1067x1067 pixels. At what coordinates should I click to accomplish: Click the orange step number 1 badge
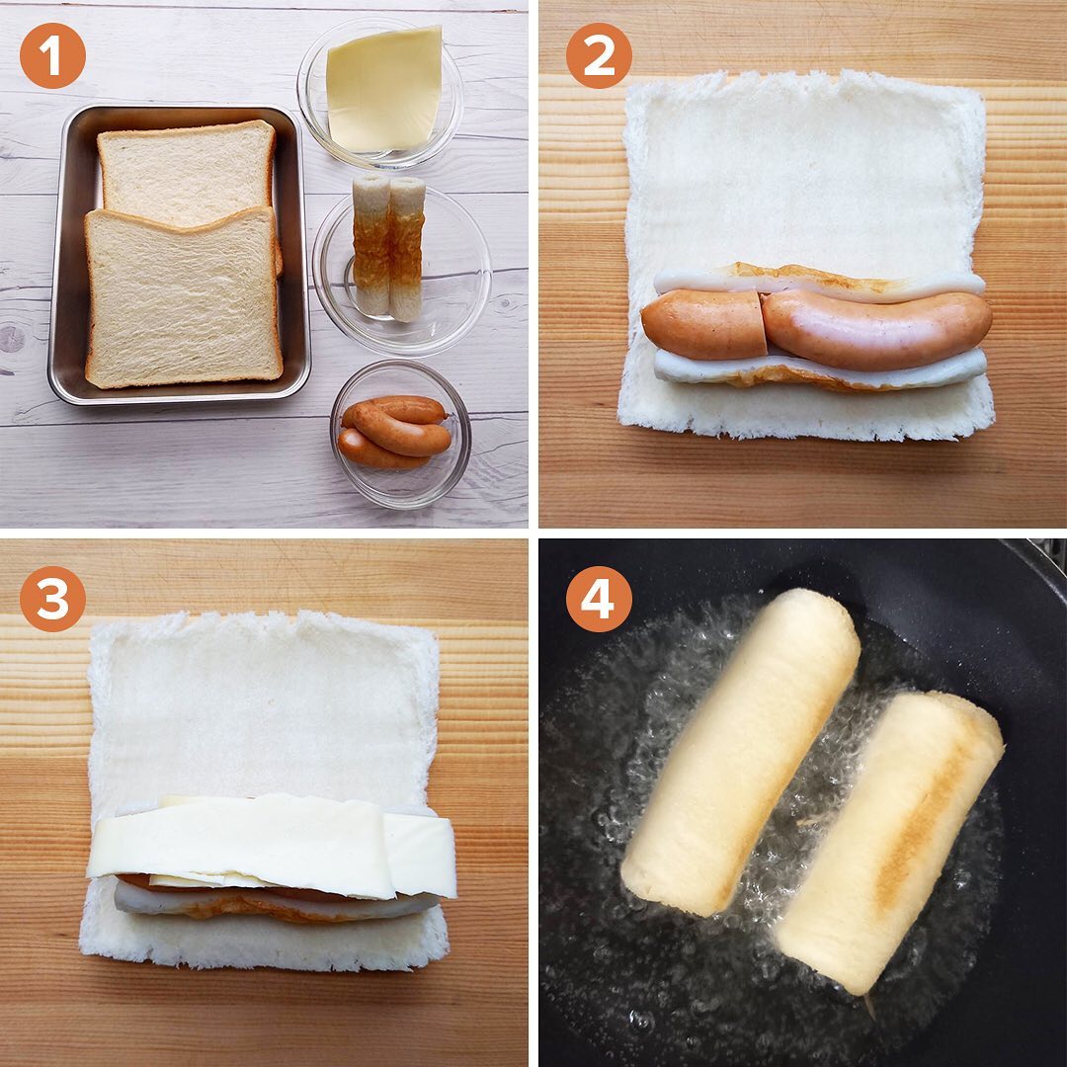[x=52, y=55]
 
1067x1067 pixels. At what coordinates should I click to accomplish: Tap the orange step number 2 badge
[x=599, y=55]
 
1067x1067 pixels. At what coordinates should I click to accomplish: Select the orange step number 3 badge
[x=52, y=599]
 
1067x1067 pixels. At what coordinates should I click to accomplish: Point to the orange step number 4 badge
[x=599, y=599]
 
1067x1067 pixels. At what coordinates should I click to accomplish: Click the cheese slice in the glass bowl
[x=384, y=89]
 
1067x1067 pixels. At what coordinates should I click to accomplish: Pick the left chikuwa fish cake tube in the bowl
[x=370, y=245]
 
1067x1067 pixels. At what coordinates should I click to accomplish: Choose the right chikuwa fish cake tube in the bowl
[x=406, y=248]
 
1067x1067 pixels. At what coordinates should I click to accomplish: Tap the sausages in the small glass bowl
[x=394, y=432]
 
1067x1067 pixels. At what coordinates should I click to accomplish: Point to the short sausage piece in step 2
[x=703, y=324]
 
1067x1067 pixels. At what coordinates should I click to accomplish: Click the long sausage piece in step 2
[x=876, y=329]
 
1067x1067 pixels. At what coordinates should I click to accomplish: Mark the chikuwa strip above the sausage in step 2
[x=820, y=281]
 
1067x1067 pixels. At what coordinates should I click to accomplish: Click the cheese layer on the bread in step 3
[x=273, y=846]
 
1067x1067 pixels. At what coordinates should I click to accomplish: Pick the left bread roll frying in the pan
[x=740, y=752]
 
